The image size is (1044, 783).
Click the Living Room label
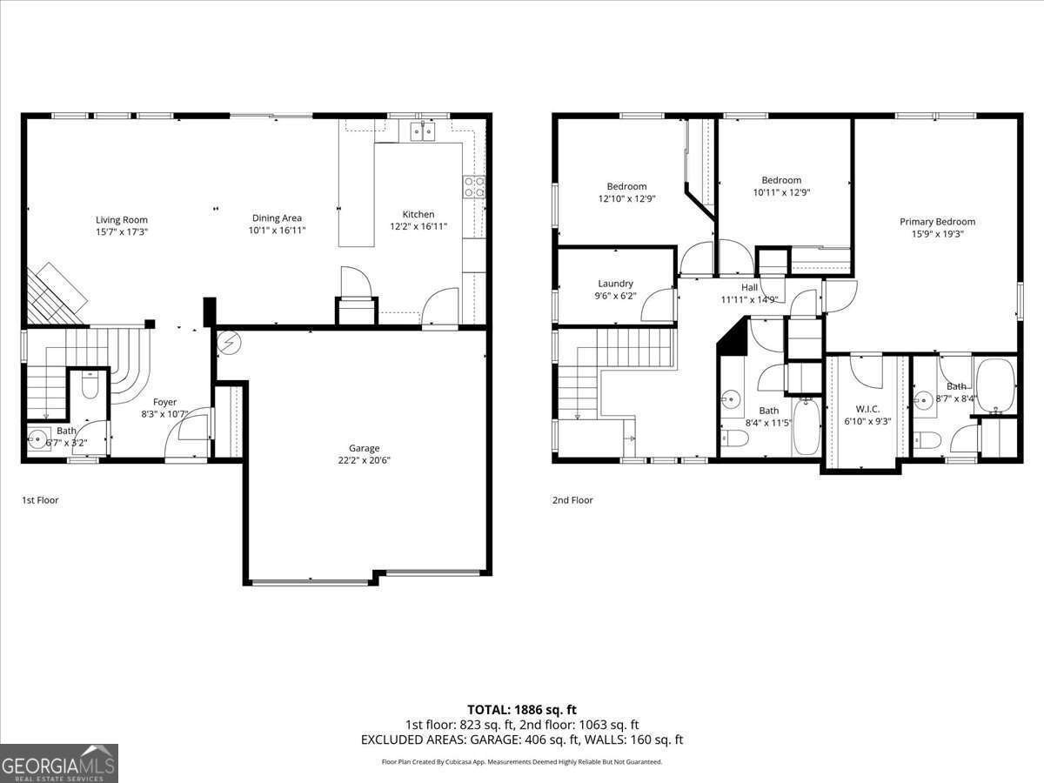tap(122, 220)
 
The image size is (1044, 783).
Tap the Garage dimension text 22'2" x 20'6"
tap(365, 460)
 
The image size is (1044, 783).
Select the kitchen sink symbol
tap(422, 131)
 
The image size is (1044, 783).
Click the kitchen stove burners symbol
tap(474, 187)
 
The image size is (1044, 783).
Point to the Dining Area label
tap(277, 218)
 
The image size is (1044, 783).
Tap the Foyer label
tap(164, 402)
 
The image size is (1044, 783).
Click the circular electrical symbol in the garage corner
tap(229, 343)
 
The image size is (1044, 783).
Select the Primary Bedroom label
tap(937, 222)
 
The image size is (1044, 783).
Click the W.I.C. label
tap(867, 409)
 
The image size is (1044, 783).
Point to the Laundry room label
tap(615, 284)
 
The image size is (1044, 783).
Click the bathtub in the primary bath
tap(995, 385)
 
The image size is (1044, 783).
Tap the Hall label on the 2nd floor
tap(749, 287)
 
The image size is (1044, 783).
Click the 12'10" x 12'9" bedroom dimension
tap(626, 198)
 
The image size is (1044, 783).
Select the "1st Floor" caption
tap(40, 500)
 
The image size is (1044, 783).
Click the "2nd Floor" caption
tap(572, 500)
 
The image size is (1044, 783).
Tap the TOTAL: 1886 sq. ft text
tap(522, 710)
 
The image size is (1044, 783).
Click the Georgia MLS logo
tap(59, 763)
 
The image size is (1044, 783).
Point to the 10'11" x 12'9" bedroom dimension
tap(780, 192)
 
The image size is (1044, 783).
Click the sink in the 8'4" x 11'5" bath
tap(731, 400)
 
